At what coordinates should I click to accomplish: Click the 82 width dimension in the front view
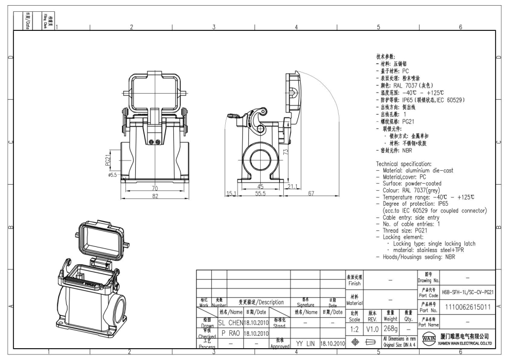[x=155, y=196]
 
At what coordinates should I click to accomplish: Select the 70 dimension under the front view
[x=155, y=189]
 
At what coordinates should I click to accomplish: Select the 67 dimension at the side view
[x=311, y=193]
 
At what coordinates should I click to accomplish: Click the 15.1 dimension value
[x=231, y=193]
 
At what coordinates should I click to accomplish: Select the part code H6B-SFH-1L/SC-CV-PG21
[x=468, y=292]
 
